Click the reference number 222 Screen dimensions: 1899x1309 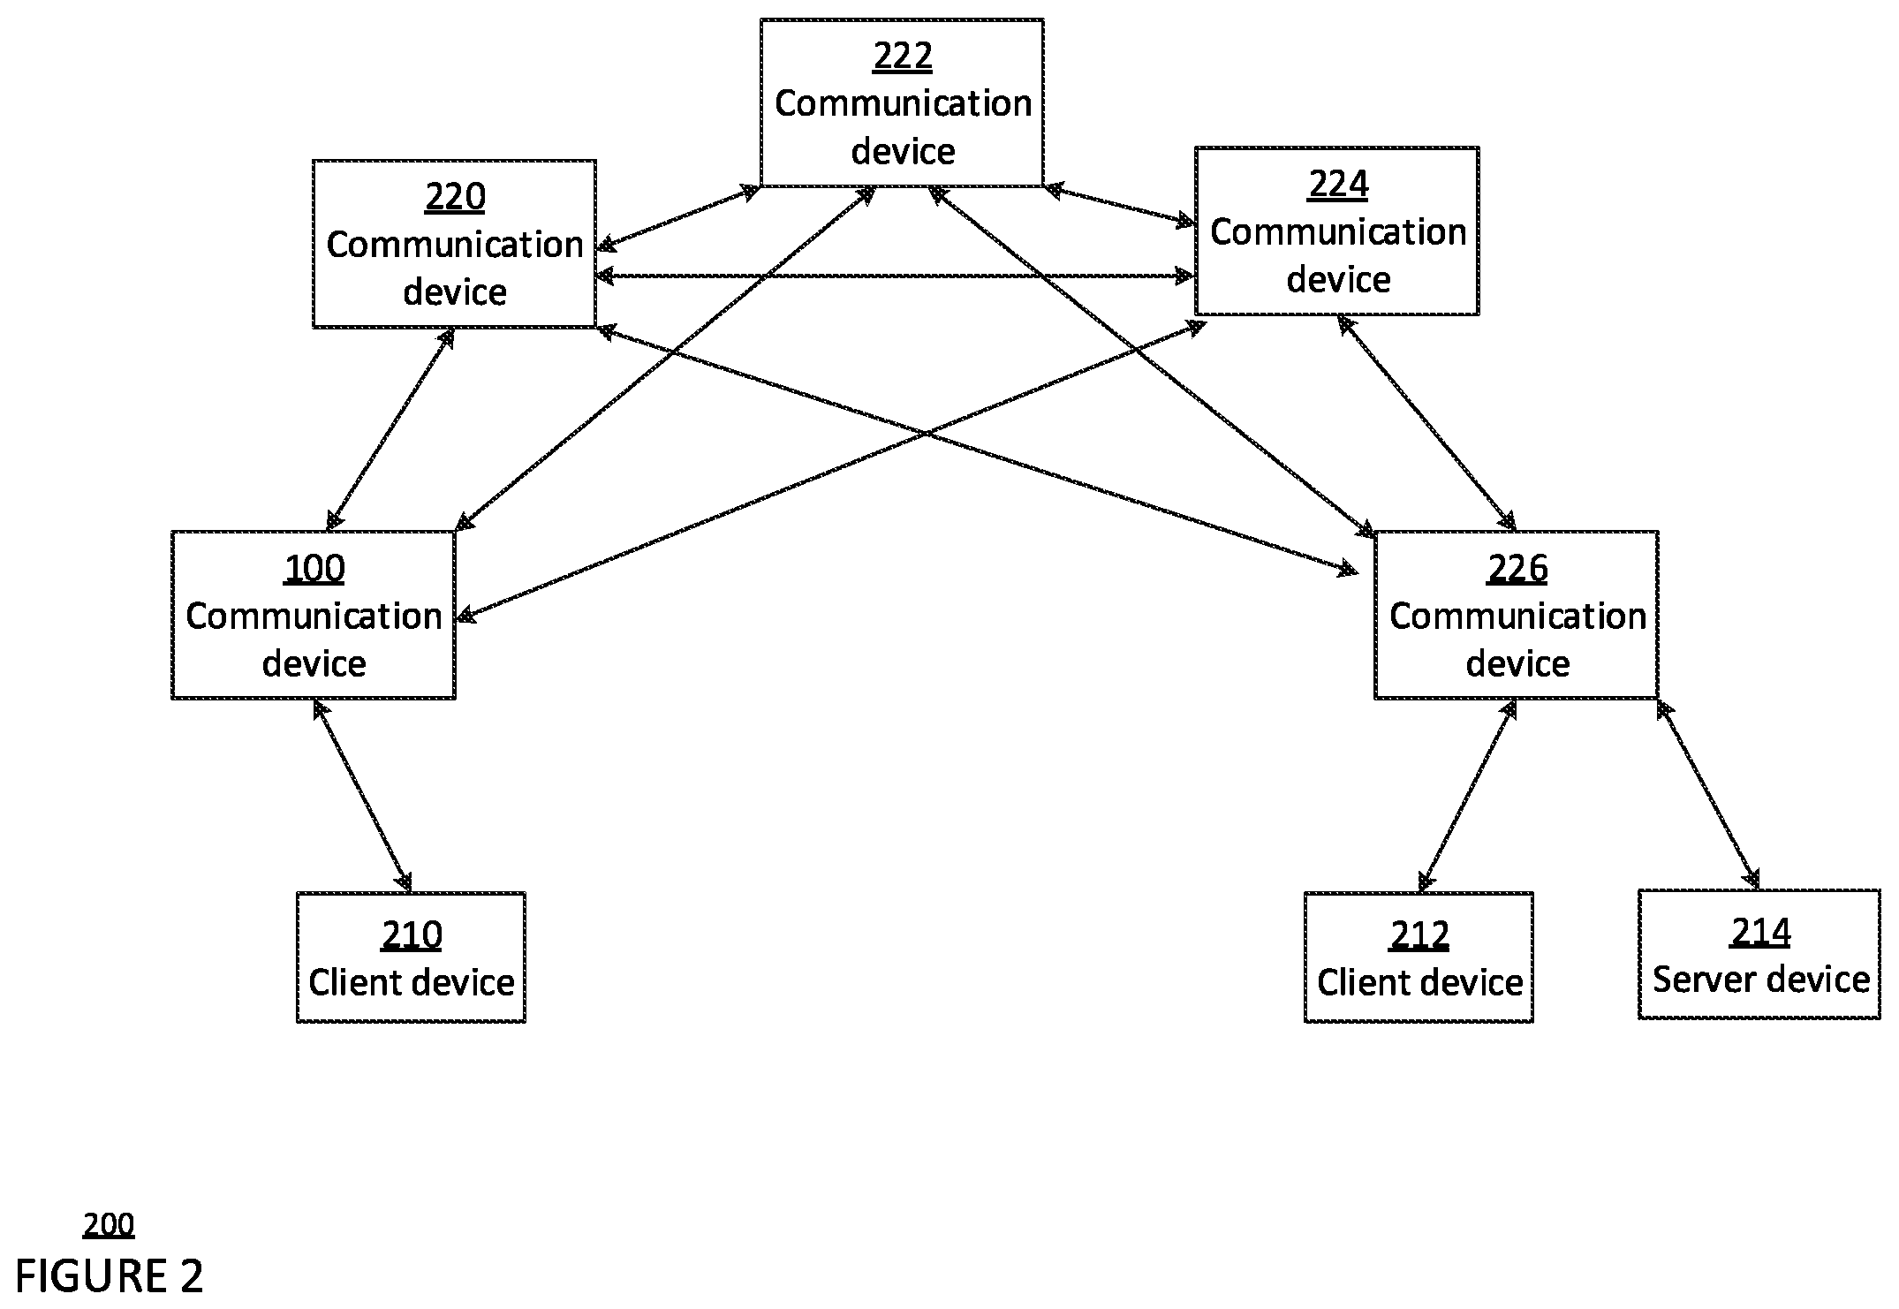point(903,57)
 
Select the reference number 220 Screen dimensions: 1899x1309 point(455,197)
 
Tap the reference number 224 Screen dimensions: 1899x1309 point(1338,185)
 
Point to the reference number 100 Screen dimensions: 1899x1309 point(314,568)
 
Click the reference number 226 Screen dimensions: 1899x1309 point(1517,568)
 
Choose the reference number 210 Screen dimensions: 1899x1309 point(412,934)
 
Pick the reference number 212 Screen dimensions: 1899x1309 point(1419,934)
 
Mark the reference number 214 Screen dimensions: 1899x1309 point(1761,932)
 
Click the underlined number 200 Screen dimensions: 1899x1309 point(109,1225)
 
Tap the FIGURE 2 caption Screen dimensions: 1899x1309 point(109,1275)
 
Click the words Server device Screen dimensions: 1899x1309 point(1761,980)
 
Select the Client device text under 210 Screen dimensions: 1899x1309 point(412,982)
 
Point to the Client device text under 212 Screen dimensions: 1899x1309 point(1419,982)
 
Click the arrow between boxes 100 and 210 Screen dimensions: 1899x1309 point(363,795)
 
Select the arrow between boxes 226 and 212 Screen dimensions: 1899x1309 point(1467,795)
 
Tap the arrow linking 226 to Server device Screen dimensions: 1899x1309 point(1708,794)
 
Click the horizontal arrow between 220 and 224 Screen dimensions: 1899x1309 point(896,276)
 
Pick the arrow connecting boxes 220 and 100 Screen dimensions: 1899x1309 point(390,429)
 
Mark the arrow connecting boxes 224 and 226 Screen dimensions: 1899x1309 point(1427,423)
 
